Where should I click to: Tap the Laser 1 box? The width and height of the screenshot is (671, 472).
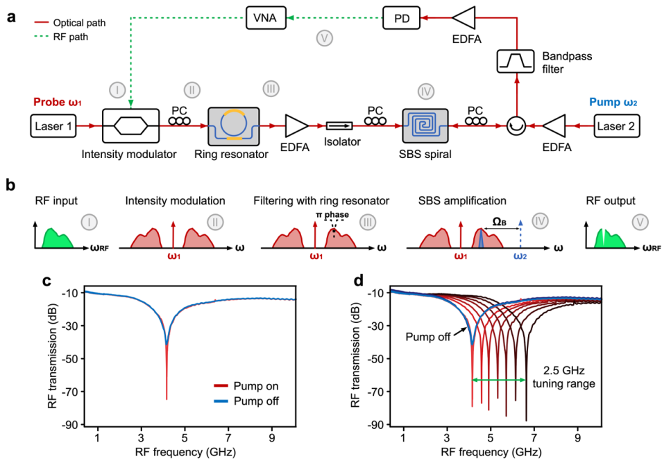pyautogui.click(x=51, y=126)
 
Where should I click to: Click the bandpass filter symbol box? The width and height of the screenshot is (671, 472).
pyautogui.click(x=516, y=62)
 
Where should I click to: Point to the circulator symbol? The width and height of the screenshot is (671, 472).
pyautogui.click(x=516, y=126)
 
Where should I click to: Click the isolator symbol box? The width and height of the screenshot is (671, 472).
pyautogui.click(x=339, y=126)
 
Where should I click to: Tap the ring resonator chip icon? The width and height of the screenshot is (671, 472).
pyautogui.click(x=233, y=126)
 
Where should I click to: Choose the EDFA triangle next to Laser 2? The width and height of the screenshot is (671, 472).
pyautogui.click(x=557, y=126)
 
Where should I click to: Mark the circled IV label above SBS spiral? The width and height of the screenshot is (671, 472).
pyautogui.click(x=425, y=91)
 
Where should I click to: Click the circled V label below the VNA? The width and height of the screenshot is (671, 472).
pyautogui.click(x=324, y=37)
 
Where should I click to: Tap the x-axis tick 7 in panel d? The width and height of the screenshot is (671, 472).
pyautogui.click(x=534, y=438)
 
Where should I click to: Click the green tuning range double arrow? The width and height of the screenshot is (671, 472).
pyautogui.click(x=498, y=380)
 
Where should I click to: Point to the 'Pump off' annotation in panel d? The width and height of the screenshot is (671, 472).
pyautogui.click(x=428, y=338)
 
